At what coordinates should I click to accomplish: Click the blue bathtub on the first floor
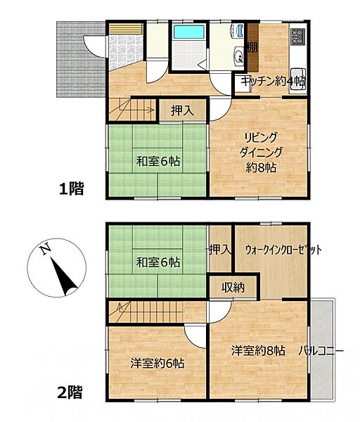[188, 32]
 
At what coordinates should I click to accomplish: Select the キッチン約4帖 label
[273, 82]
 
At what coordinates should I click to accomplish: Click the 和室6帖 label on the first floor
[158, 161]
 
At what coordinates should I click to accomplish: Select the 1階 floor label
[71, 188]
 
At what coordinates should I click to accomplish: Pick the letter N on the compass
[44, 250]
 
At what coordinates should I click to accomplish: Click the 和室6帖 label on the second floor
[158, 262]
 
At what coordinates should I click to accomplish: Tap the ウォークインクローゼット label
[283, 250]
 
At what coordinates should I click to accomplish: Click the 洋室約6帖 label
[157, 364]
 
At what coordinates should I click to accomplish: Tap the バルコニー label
[320, 350]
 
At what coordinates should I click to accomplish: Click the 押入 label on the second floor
[219, 250]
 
